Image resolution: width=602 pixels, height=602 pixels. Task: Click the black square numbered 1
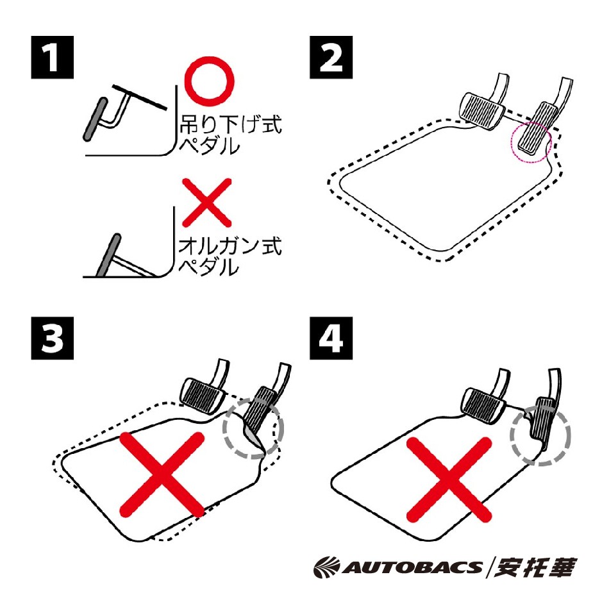(x=52, y=57)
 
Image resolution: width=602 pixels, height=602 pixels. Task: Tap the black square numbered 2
(x=331, y=57)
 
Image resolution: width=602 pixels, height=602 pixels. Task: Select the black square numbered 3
(x=52, y=339)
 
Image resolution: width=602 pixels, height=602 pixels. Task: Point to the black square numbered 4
(x=331, y=339)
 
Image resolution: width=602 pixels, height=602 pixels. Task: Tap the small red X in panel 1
(x=206, y=203)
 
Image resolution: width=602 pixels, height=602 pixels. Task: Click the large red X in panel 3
(x=162, y=474)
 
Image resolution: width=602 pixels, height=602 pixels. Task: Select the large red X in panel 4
(x=449, y=480)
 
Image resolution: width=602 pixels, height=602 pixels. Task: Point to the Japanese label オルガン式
(x=230, y=246)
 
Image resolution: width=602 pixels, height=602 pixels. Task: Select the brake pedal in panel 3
(x=203, y=396)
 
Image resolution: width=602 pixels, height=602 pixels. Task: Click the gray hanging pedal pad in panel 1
(x=96, y=119)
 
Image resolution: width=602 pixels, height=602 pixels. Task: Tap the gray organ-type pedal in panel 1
(x=108, y=255)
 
